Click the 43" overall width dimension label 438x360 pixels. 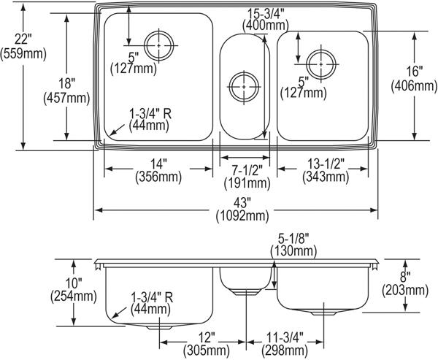pos(242,204)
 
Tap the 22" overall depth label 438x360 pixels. pos(23,39)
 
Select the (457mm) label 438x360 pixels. pos(66,99)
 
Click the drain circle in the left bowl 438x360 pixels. pos(159,45)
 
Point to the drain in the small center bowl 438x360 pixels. pos(244,87)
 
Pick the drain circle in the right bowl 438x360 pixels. pos(321,64)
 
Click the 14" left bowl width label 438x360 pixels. pos(158,164)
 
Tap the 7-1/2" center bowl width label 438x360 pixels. pos(247,171)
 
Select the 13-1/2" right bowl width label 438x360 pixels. pos(326,164)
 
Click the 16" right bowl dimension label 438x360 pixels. pos(415,72)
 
